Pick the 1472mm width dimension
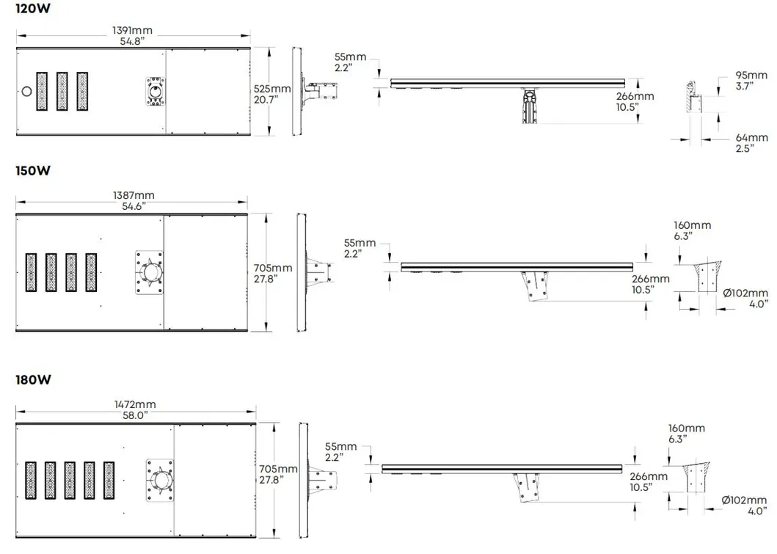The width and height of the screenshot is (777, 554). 134,404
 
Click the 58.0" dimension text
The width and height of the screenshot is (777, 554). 134,415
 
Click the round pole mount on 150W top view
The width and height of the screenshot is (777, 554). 152,274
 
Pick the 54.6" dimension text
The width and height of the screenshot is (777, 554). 134,207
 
